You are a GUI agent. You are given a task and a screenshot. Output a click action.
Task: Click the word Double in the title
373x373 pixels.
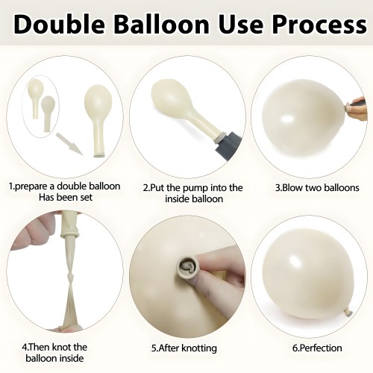[x=59, y=24]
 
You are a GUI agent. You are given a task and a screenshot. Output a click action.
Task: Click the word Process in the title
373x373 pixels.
[x=319, y=24]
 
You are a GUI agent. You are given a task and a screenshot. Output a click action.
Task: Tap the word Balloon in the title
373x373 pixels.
[x=161, y=24]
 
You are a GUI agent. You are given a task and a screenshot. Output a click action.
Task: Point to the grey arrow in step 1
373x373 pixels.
[x=69, y=144]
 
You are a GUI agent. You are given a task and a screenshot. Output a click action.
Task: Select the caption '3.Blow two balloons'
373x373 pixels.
[x=317, y=187]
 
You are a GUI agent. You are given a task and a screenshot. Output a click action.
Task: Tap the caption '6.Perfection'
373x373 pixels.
[x=317, y=348]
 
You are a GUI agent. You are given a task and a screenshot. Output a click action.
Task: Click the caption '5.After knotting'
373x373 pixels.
[x=184, y=348]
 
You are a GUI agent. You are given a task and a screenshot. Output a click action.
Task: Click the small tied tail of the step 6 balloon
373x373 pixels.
[x=348, y=313]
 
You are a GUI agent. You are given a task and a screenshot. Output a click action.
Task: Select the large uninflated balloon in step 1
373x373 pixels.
[x=98, y=121]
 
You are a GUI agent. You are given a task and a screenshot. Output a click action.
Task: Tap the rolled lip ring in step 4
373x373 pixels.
[x=69, y=234]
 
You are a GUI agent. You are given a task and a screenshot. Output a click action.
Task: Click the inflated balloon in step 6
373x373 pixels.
[x=311, y=274]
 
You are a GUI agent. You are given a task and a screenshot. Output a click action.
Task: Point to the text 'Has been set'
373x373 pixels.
[x=66, y=198]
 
